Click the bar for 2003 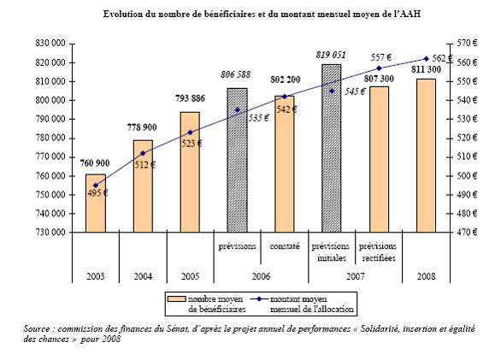click(x=96, y=203)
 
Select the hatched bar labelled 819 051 click(x=332, y=148)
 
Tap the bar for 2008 click(x=426, y=156)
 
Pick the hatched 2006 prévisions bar click(x=237, y=160)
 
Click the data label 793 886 click(x=190, y=98)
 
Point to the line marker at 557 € click(x=379, y=68)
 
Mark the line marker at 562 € click(x=426, y=59)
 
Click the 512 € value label click(x=144, y=165)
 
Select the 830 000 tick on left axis click(x=50, y=43)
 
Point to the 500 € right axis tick click(x=467, y=176)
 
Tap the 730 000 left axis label click(x=50, y=232)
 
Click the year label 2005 click(x=190, y=276)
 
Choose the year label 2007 click(x=356, y=276)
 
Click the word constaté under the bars click(x=285, y=246)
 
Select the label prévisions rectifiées click(x=378, y=252)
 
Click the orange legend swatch click(x=177, y=299)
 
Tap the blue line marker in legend click(x=259, y=299)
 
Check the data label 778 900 click(x=142, y=127)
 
